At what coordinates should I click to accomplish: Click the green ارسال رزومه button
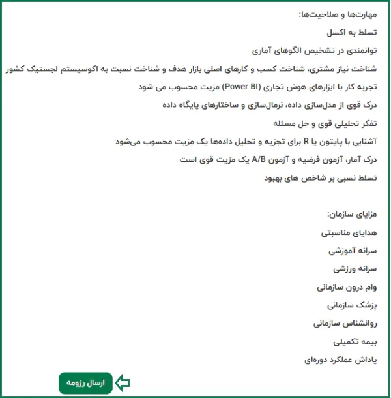(85, 383)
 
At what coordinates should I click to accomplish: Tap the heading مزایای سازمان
(353, 214)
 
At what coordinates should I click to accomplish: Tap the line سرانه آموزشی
(353, 251)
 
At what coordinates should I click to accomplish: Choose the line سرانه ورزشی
(355, 269)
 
